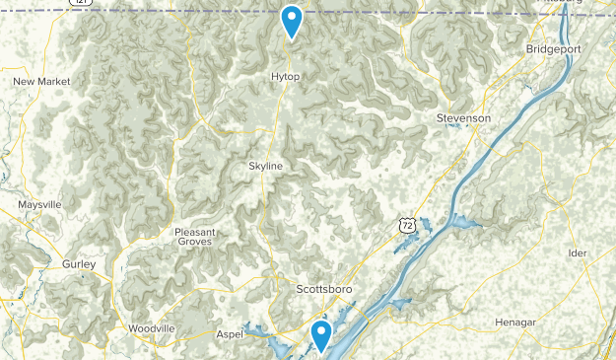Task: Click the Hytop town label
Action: tap(285, 76)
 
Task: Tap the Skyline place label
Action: tap(266, 167)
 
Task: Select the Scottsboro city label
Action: tap(324, 289)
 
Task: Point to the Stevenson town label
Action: tap(463, 118)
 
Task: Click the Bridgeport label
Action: tap(554, 48)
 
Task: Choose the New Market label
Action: tap(38, 81)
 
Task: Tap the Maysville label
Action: tap(39, 204)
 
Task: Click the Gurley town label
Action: tap(79, 264)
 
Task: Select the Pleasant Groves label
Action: tap(195, 238)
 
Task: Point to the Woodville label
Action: tap(151, 327)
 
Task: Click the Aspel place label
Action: tap(231, 335)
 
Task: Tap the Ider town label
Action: tap(577, 253)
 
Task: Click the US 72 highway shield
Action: tap(406, 226)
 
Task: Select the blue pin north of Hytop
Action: tap(292, 19)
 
